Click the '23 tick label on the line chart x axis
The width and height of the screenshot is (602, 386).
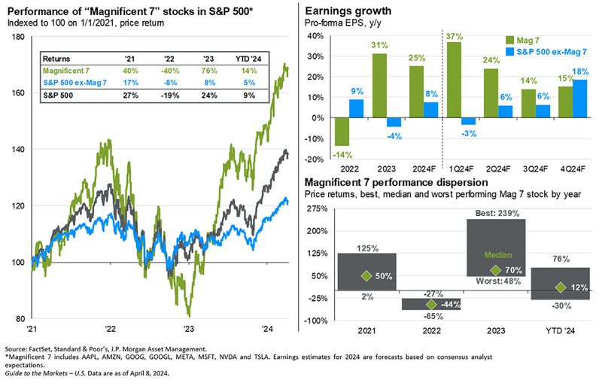(x=189, y=329)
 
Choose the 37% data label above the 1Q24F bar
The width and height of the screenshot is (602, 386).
(x=454, y=35)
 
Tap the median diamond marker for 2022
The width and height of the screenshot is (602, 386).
(x=431, y=304)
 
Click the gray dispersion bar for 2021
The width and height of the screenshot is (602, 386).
(x=366, y=276)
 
